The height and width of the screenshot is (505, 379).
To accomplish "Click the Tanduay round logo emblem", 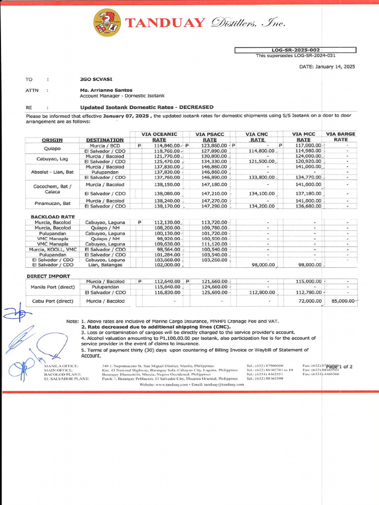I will [x=107, y=23].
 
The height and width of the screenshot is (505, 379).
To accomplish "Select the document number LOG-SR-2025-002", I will [x=295, y=50].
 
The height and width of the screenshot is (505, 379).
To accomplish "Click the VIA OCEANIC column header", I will [x=159, y=134].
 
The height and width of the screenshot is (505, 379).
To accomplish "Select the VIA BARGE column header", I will [x=341, y=134].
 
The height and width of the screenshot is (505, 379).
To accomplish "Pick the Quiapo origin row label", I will [x=52, y=148].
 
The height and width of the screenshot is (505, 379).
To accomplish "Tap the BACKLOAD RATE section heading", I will [x=53, y=216].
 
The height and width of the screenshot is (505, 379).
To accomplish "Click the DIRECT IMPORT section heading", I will [x=48, y=276].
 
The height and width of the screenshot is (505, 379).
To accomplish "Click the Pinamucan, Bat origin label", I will [x=53, y=203].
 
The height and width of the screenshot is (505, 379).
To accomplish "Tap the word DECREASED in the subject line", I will [x=196, y=107].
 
